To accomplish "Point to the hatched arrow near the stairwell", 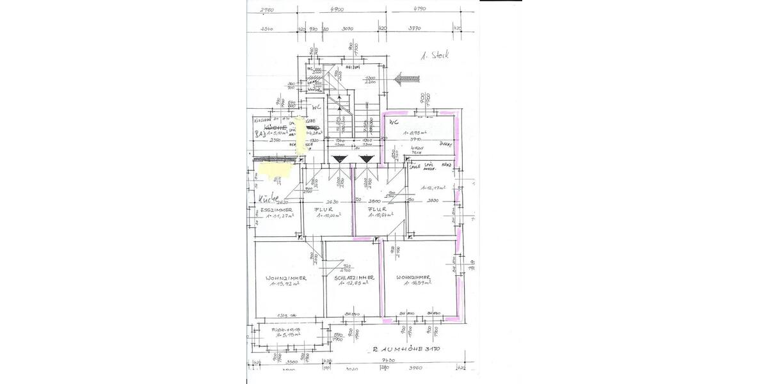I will point(408,79).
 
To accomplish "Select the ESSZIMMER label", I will point(276,209).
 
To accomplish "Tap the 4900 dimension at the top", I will point(337,10).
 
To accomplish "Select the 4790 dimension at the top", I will point(419,10).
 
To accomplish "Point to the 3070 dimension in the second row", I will point(348,29).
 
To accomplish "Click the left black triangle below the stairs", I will point(339,159).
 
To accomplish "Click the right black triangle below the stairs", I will point(365,159).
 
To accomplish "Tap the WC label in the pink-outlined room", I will point(394,121).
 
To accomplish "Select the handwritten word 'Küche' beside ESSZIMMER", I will point(264,197).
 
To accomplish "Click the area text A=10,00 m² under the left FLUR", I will point(326,216).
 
